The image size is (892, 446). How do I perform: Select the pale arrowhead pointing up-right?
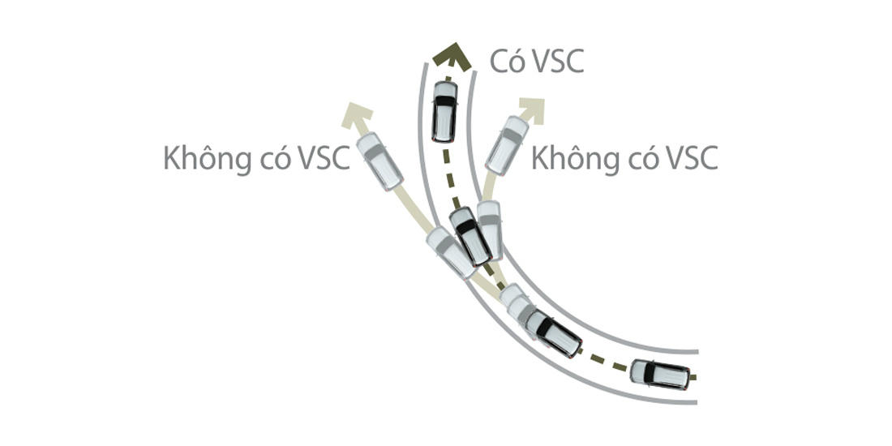tap(531, 108)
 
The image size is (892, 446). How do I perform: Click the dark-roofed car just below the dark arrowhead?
tap(444, 111)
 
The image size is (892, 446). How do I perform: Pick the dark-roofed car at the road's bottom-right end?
tap(660, 374)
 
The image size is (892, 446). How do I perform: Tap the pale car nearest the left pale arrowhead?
tap(380, 161)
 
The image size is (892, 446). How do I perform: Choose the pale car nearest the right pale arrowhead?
tap(507, 145)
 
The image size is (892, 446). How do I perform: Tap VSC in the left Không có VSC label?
tap(321, 158)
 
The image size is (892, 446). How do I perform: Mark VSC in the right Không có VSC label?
tap(689, 158)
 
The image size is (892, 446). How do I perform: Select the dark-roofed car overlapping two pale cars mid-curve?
tap(470, 236)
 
